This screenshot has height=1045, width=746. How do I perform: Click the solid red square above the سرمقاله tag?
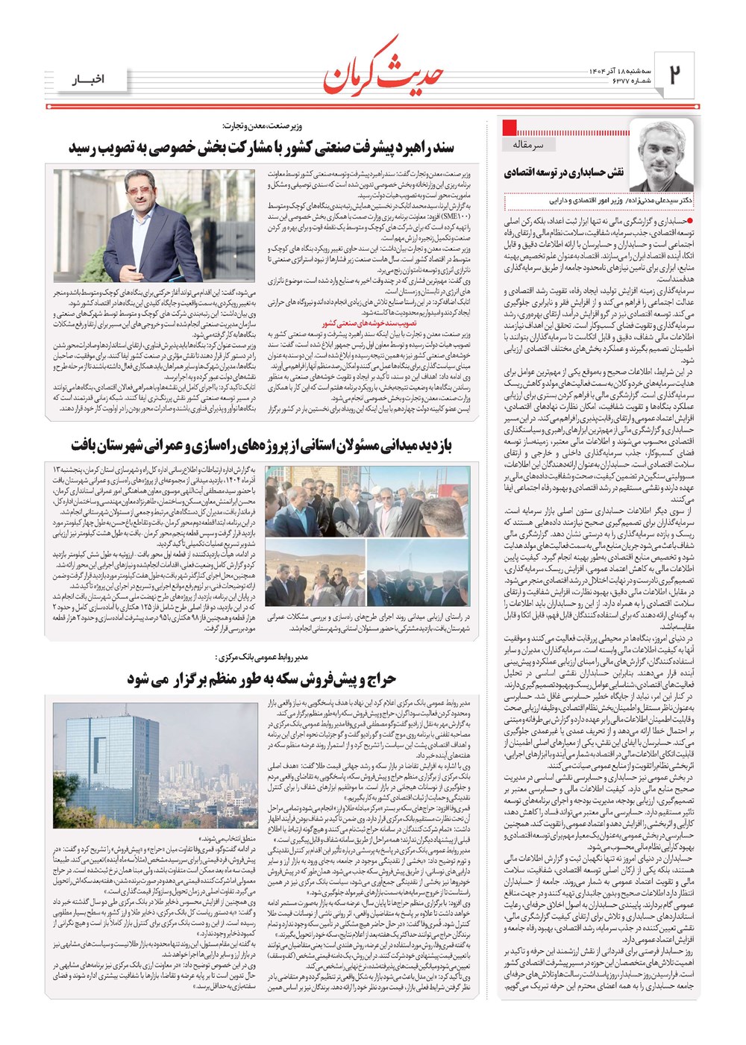click(510, 126)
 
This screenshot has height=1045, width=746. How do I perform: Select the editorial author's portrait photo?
click(662, 155)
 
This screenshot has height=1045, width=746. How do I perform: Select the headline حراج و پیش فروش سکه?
click(261, 679)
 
